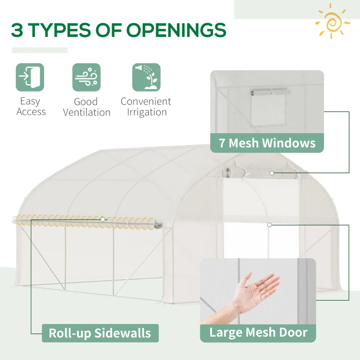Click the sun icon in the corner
333,21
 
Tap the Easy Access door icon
30,77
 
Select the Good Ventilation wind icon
86,77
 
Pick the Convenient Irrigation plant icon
146,77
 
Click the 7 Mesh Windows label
267,143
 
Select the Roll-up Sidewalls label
100,333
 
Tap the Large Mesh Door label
258,333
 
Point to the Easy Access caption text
31,107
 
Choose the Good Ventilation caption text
86,107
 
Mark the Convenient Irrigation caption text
146,107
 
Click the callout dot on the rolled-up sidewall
103,219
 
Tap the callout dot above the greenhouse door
272,173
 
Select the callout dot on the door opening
269,224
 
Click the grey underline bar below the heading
40,50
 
